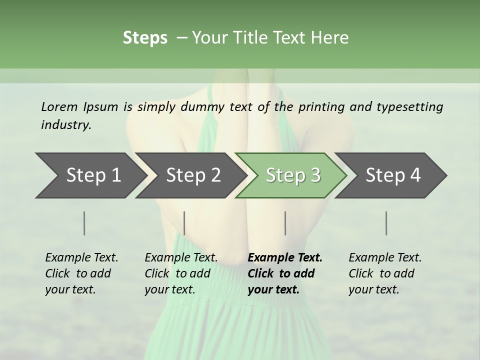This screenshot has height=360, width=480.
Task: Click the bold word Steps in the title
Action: point(145,38)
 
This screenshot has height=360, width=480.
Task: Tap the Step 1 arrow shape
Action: point(90,175)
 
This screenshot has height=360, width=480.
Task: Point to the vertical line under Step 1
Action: point(84,223)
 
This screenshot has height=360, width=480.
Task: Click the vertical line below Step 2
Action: point(184,223)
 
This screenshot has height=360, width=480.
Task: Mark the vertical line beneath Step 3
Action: point(285,223)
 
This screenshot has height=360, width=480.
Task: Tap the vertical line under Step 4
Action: point(386,223)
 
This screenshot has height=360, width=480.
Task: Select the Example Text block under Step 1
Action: point(81,273)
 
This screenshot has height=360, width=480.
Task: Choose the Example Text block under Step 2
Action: point(181,273)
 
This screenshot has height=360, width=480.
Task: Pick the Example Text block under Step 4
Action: point(385,273)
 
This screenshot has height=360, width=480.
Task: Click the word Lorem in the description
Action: point(59,107)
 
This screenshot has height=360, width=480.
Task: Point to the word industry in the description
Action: point(66,125)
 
